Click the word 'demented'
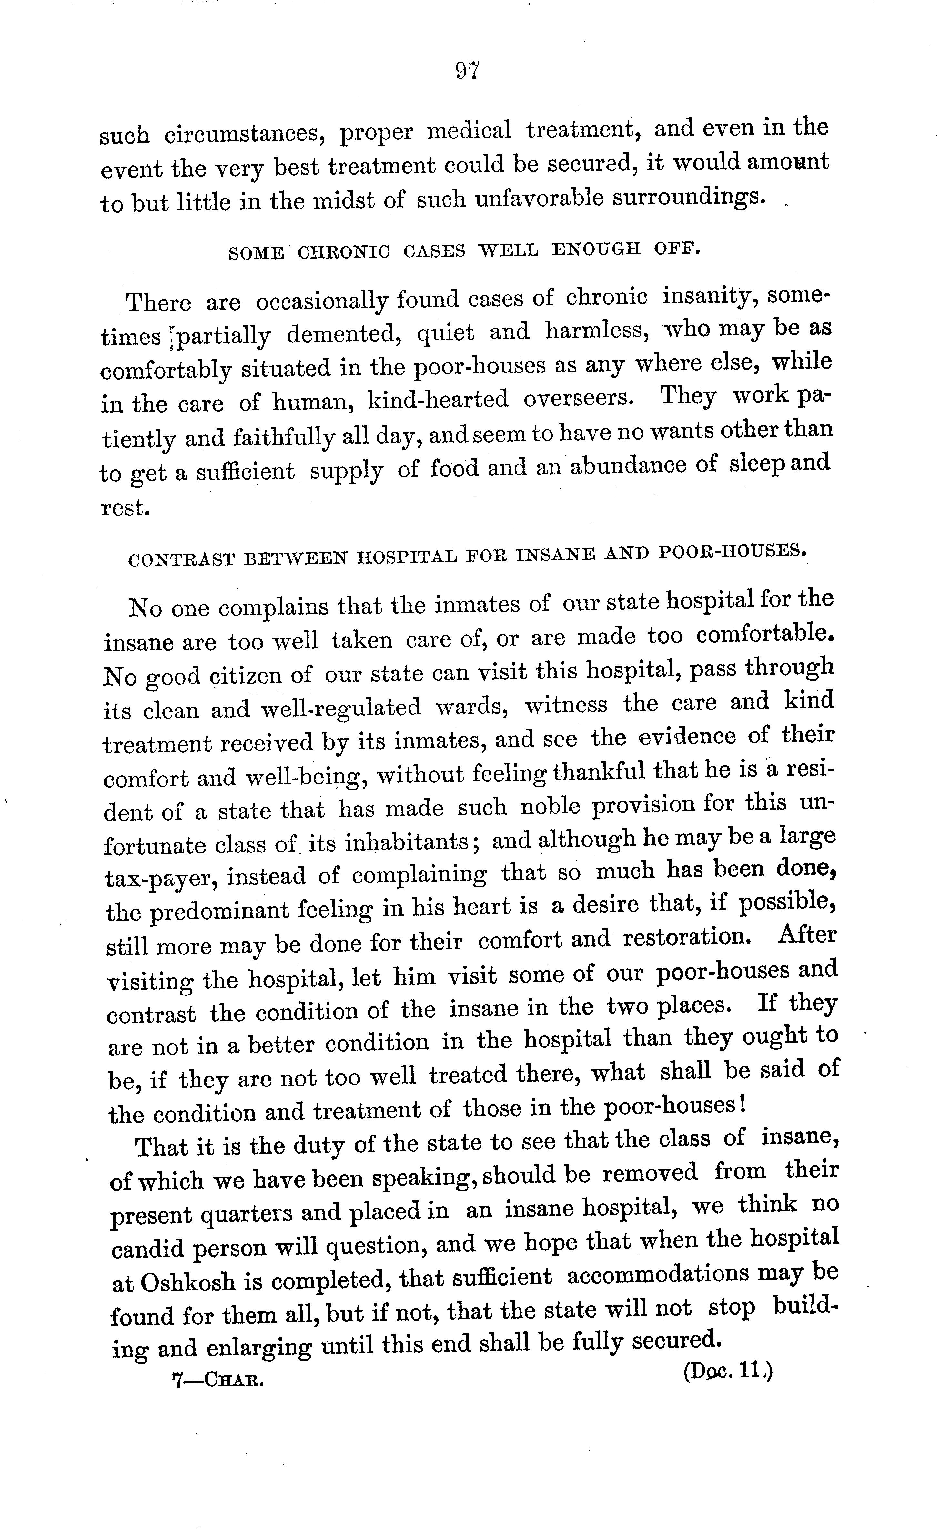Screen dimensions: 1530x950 click(x=344, y=334)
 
